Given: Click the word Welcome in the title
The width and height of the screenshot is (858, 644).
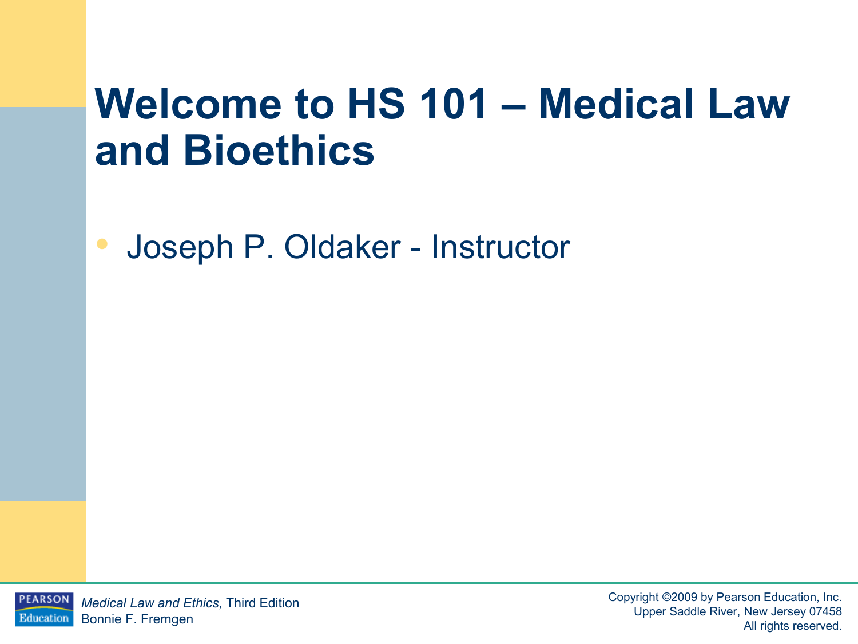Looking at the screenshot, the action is point(188,104).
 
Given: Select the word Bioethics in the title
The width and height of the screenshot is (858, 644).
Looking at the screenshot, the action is point(279,150).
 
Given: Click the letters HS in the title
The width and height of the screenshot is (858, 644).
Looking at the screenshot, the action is point(376,104).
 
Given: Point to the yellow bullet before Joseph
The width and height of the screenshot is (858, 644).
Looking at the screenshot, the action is point(102,244).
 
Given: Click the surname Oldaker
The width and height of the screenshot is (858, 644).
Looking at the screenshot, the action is point(343,247).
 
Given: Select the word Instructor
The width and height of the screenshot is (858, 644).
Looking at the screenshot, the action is point(500,247).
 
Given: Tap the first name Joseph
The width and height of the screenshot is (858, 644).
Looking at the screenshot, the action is point(180,247).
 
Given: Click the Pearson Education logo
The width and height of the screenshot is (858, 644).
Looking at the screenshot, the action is point(44,609).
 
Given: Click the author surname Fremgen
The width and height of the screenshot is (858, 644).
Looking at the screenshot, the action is point(167,619).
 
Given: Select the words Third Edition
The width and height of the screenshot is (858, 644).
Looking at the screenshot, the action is point(263,603).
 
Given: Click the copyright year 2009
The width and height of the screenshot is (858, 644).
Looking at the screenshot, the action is point(685,597).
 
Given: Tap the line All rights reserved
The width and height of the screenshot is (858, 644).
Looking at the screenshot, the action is point(793,626).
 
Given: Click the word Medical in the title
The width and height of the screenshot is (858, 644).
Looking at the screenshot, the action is point(616,104).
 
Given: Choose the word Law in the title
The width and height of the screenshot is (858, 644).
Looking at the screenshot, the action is point(749,104).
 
